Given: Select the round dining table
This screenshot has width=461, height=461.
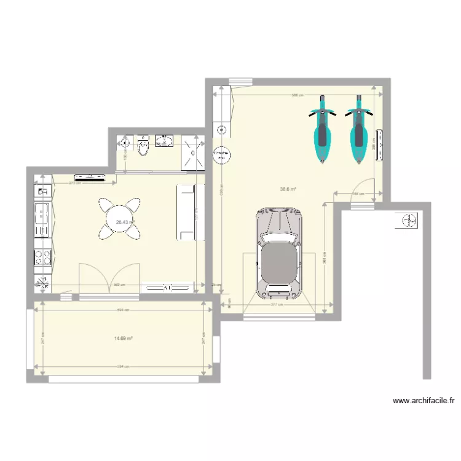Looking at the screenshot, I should coord(119,219).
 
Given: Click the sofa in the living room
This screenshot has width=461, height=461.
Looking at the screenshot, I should coord(190,212).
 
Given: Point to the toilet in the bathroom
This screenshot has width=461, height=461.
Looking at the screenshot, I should coord(143,146).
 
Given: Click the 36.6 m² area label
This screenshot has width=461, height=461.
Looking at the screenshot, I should coord(288,189).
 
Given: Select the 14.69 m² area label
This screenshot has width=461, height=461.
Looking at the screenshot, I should coord(124,338).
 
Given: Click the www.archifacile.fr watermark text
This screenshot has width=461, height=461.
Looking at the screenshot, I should coord(424,401).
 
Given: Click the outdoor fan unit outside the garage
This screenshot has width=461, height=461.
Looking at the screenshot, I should coord(407,219).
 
